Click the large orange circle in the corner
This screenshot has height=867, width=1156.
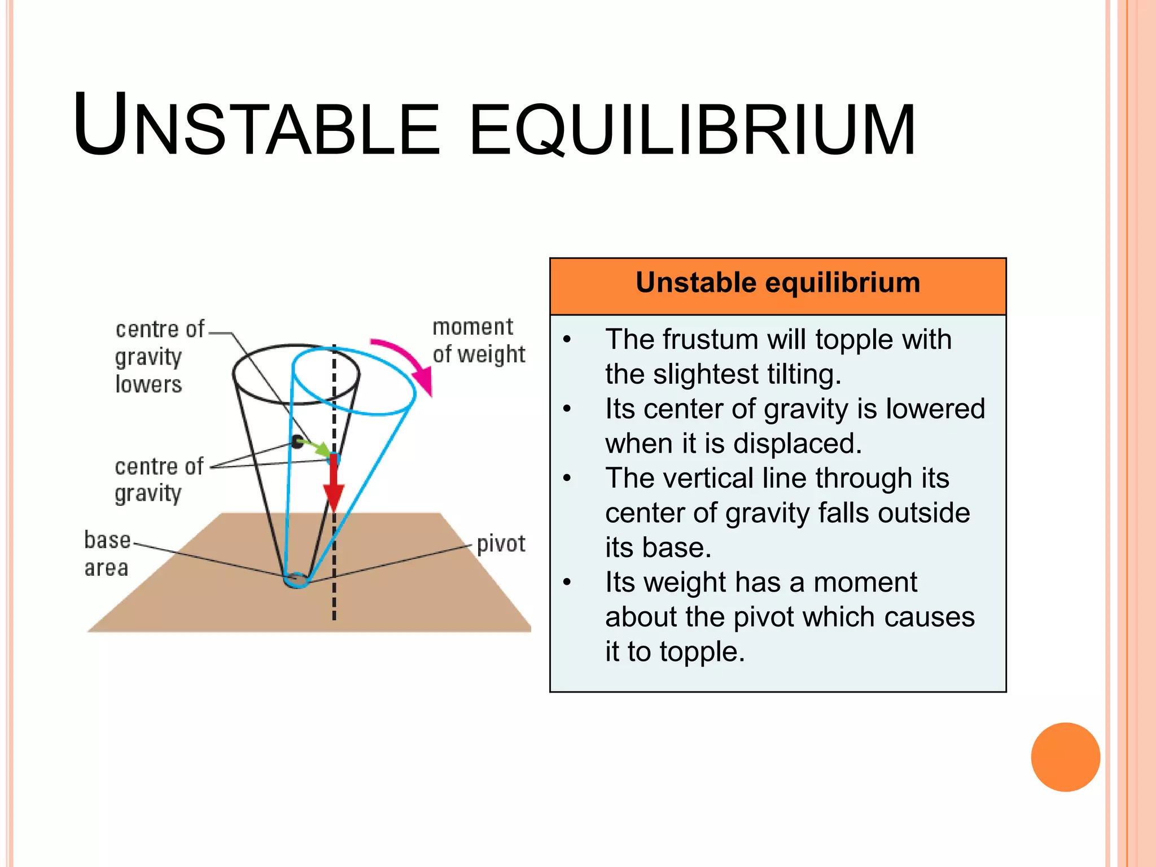(x=1065, y=757)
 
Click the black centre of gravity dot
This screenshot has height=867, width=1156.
(x=297, y=441)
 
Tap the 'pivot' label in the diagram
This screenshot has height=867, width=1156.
(x=501, y=544)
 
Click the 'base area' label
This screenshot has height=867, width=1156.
(x=107, y=553)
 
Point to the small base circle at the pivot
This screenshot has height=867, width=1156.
(x=296, y=580)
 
